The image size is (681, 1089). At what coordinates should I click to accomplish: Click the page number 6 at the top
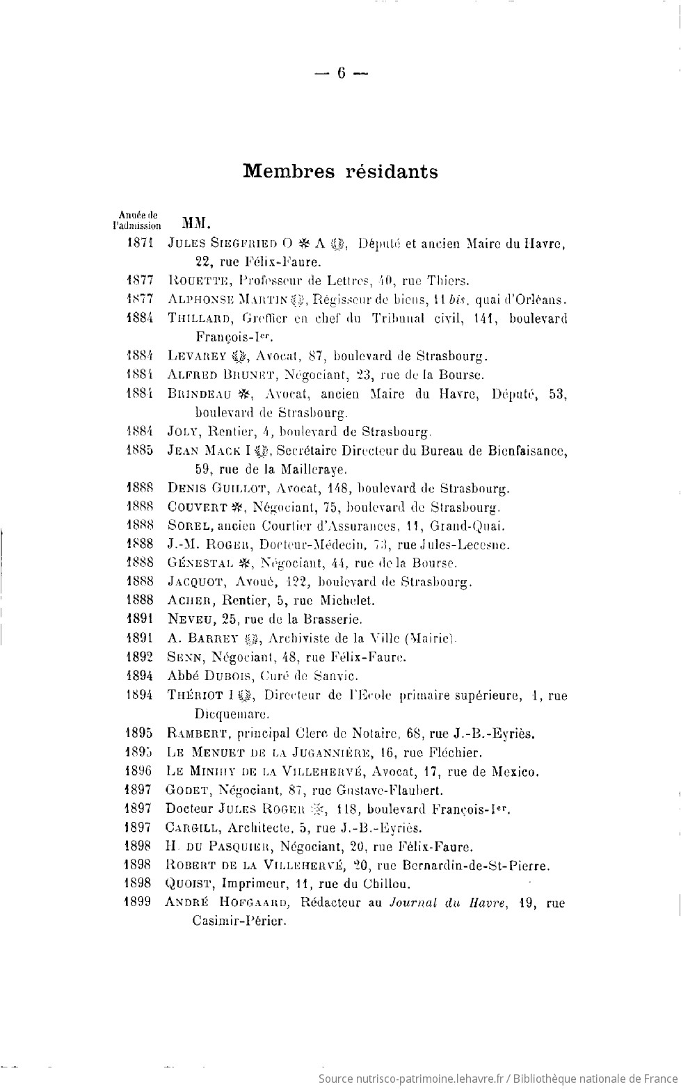coord(341,73)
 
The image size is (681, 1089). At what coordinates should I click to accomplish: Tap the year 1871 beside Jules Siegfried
coord(141,243)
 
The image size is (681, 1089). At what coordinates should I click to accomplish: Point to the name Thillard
coord(200,319)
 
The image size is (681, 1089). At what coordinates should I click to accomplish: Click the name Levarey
coord(198,357)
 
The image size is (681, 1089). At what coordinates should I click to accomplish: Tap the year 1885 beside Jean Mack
coord(141,451)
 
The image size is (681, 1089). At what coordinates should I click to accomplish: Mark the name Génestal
coord(200,563)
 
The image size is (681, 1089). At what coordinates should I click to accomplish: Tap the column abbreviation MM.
coord(196,224)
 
